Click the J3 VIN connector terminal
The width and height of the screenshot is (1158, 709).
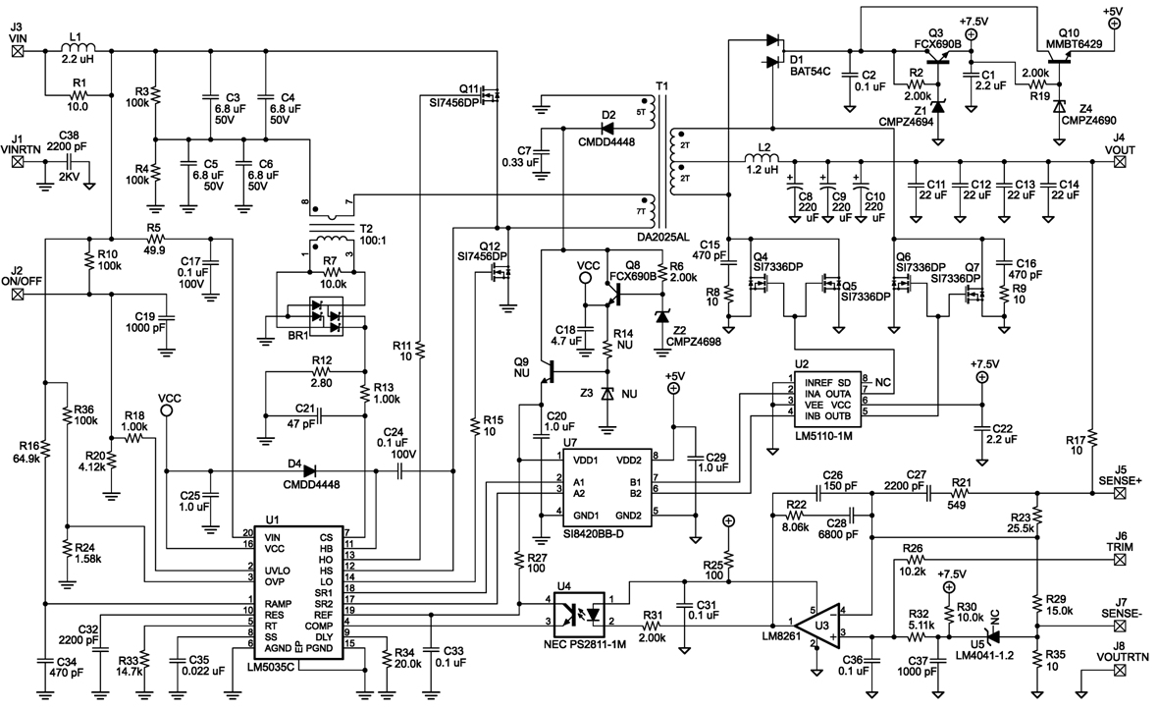[x=17, y=51]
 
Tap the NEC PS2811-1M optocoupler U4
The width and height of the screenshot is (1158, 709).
[x=580, y=613]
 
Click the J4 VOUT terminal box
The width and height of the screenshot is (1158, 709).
[x=1119, y=161]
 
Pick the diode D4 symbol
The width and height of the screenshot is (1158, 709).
[x=309, y=469]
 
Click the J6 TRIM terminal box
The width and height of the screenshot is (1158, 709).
[x=1120, y=559]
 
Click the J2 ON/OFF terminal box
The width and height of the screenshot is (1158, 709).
[x=17, y=294]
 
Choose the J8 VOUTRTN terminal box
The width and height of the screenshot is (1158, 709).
[x=1120, y=671]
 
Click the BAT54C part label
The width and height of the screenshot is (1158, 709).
[x=811, y=72]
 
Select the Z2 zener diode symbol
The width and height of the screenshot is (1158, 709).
[x=661, y=316]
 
